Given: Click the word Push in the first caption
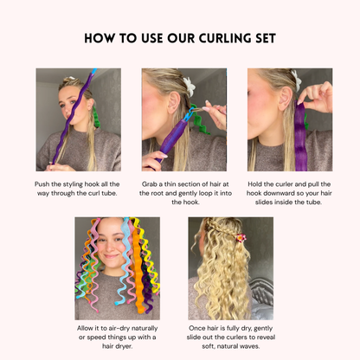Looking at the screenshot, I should (x=42, y=184).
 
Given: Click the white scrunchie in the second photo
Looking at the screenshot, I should (x=188, y=86).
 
